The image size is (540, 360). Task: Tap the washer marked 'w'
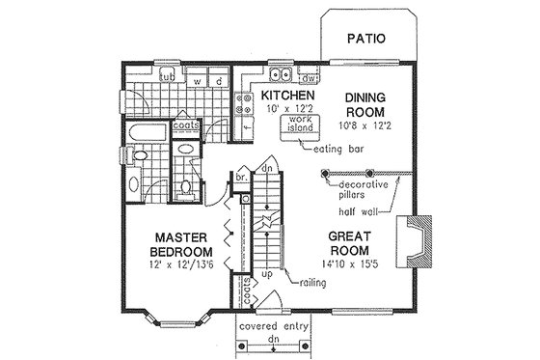[198, 80]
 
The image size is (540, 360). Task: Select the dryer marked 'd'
[219, 80]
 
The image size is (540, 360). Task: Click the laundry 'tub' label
[167, 76]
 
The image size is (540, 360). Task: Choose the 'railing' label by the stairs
[314, 284]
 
